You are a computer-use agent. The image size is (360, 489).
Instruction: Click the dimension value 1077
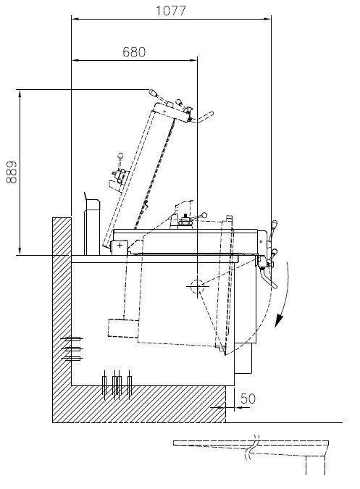[170, 11]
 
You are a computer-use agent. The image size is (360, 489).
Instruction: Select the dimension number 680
[134, 52]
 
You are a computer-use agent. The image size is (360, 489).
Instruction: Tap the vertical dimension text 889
[12, 172]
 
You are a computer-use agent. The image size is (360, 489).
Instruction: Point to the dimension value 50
[248, 398]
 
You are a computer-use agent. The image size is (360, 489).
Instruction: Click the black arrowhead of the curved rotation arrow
[279, 321]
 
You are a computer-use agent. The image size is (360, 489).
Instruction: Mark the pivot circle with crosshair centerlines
[197, 286]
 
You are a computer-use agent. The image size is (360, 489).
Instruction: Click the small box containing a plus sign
[120, 246]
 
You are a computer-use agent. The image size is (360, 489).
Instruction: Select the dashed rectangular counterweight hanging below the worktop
[123, 328]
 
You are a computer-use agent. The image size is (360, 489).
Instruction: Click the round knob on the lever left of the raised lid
[120, 155]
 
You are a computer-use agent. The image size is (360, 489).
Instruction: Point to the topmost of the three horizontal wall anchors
[72, 339]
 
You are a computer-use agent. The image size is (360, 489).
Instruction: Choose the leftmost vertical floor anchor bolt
[104, 385]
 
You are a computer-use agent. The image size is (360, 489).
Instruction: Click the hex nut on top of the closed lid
[185, 222]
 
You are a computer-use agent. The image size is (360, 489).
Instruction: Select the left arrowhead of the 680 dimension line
[75, 60]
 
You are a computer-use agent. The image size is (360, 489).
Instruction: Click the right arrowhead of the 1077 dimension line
[267, 19]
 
